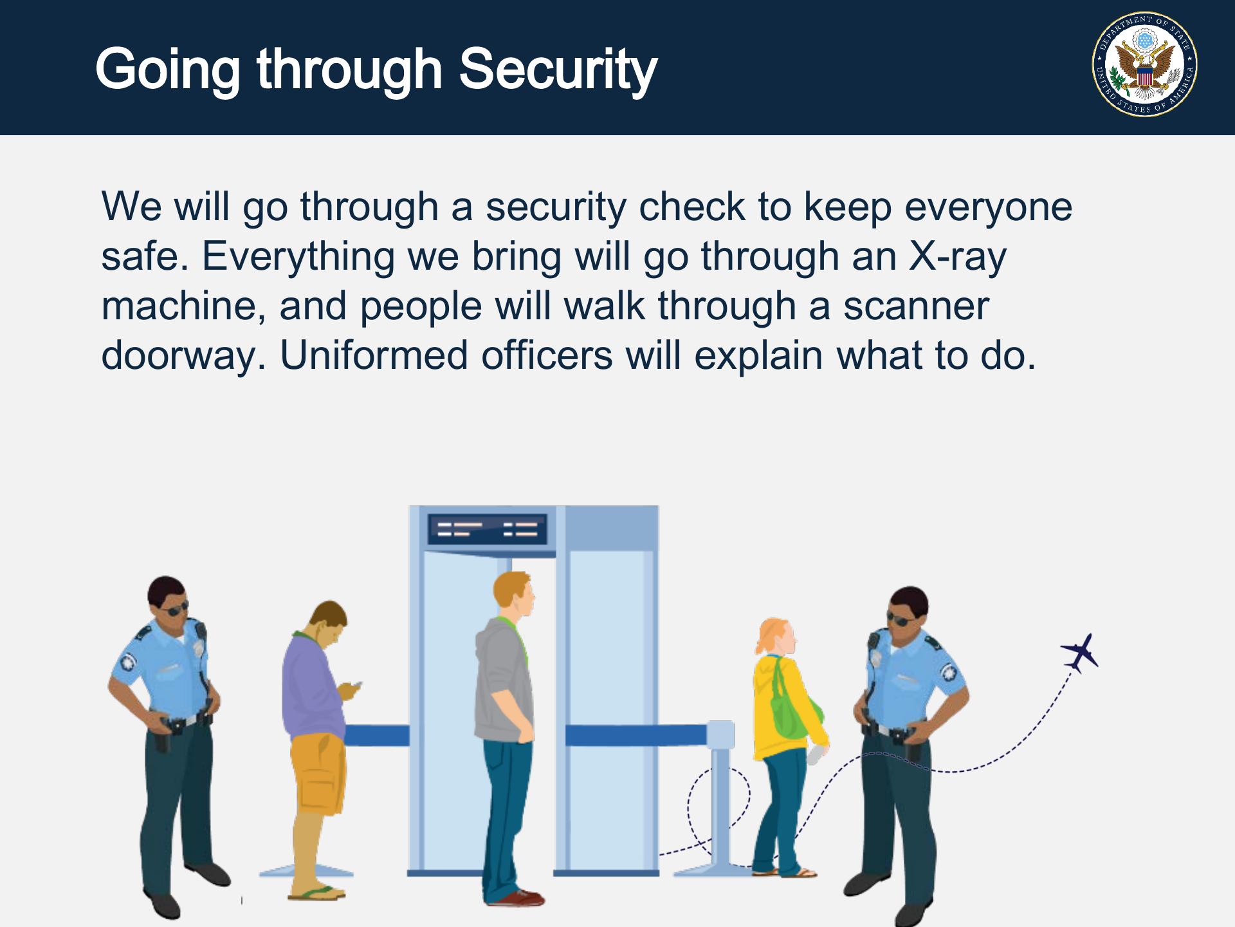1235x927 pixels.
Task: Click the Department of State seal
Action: [1144, 64]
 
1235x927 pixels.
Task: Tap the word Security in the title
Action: [558, 70]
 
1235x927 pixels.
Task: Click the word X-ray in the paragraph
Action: [957, 257]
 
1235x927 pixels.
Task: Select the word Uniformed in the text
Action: [374, 355]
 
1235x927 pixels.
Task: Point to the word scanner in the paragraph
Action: [916, 306]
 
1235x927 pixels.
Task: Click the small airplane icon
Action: [1081, 653]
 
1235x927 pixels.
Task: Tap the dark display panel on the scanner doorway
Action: [487, 529]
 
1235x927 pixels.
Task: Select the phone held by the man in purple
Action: [356, 686]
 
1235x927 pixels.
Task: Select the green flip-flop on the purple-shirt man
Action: [317, 893]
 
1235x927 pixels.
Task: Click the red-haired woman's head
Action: [777, 637]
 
